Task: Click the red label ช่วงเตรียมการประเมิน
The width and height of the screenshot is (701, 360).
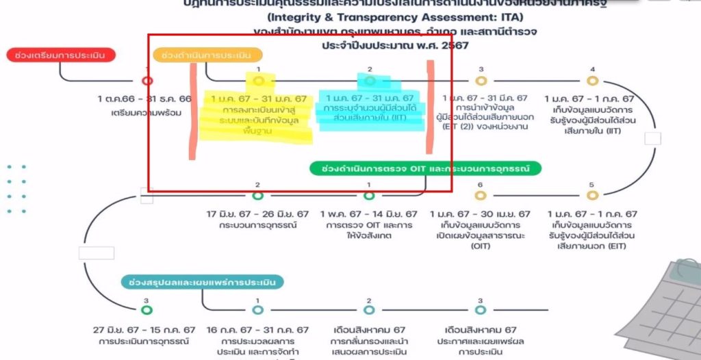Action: [x=61, y=55]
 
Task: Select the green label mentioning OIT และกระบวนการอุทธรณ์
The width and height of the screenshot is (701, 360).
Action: [x=424, y=168]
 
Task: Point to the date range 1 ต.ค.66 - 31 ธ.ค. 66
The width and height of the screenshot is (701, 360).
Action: [x=145, y=99]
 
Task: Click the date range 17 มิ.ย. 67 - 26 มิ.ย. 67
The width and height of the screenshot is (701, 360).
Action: [x=257, y=214]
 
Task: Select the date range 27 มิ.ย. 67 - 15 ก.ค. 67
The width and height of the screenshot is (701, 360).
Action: [x=144, y=330]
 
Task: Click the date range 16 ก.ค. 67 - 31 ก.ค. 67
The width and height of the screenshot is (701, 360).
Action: [x=257, y=330]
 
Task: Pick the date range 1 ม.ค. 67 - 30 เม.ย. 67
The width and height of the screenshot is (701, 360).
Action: [x=481, y=214]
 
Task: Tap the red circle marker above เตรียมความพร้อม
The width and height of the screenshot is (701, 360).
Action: [x=146, y=81]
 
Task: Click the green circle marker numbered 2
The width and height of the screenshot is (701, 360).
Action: [x=257, y=196]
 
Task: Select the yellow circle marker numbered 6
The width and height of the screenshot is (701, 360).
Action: [x=481, y=196]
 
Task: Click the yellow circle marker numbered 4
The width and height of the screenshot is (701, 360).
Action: [x=593, y=81]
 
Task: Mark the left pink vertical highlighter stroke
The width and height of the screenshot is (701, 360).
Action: [x=194, y=110]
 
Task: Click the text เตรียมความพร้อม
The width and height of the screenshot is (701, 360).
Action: [x=145, y=112]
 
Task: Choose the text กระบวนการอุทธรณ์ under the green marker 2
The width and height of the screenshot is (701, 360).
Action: [x=257, y=225]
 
